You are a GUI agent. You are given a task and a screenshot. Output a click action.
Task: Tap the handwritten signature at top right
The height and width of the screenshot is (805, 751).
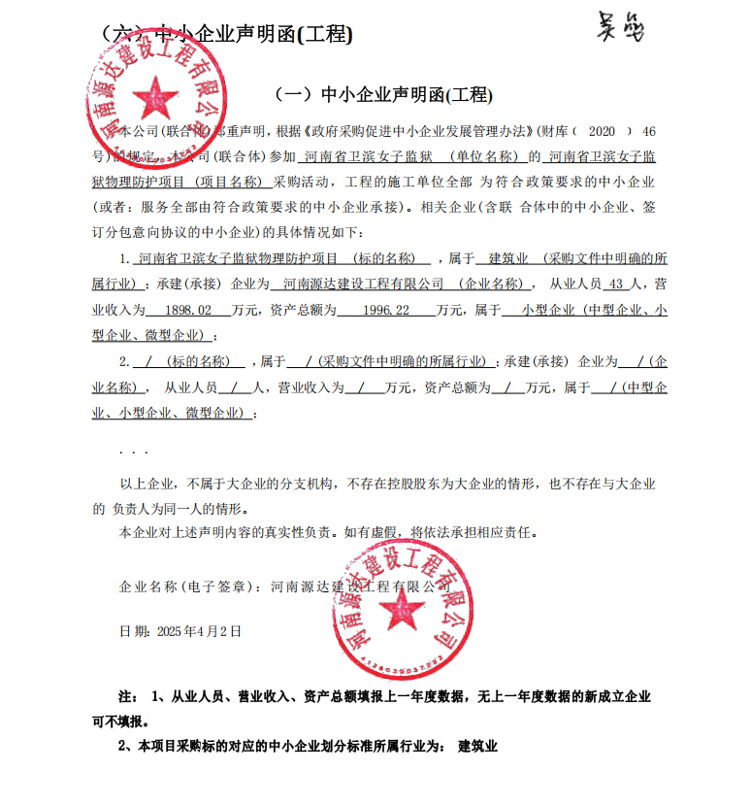click(x=618, y=29)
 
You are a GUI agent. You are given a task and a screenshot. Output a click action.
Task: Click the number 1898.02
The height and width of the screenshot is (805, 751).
click(x=189, y=311)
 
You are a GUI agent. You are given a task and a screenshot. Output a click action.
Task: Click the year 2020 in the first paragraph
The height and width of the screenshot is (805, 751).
click(x=603, y=130)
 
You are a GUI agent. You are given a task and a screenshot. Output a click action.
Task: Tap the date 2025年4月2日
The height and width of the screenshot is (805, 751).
click(x=198, y=630)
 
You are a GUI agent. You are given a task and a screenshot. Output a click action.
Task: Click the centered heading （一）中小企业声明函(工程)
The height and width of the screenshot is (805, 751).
click(x=384, y=95)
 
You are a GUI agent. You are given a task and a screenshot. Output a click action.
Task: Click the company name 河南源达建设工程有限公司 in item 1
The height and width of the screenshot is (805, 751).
click(x=358, y=285)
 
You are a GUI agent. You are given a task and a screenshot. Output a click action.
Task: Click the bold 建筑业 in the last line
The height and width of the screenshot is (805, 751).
click(x=477, y=746)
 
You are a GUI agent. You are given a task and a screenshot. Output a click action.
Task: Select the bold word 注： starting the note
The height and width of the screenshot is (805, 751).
click(x=128, y=697)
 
